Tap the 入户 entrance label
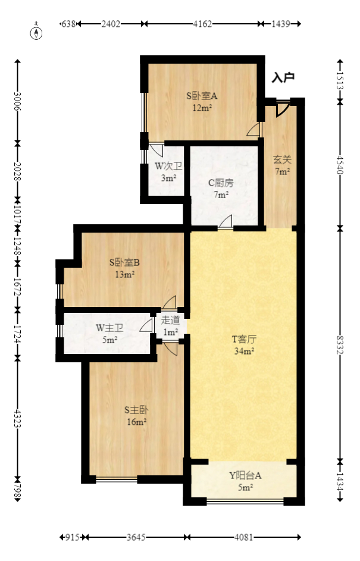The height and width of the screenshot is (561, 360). [283, 78]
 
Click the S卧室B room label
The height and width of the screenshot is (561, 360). [124, 262]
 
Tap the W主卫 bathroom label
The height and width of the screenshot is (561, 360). [109, 328]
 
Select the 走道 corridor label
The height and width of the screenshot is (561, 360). [170, 320]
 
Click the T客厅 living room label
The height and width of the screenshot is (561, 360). [243, 340]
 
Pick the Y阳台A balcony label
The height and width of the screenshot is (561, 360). [245, 475]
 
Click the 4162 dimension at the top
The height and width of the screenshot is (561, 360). [202, 24]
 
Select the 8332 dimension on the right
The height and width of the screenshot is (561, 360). [340, 343]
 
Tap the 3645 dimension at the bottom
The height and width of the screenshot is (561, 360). [136, 537]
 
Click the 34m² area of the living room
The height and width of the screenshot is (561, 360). [244, 351]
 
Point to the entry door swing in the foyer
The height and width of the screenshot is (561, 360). [283, 108]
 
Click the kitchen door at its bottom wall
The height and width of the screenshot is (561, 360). [226, 222]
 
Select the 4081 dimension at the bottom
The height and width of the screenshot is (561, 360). [244, 537]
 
